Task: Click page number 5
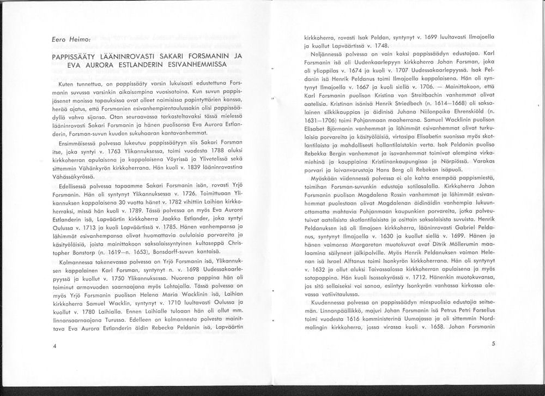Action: (493, 344)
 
